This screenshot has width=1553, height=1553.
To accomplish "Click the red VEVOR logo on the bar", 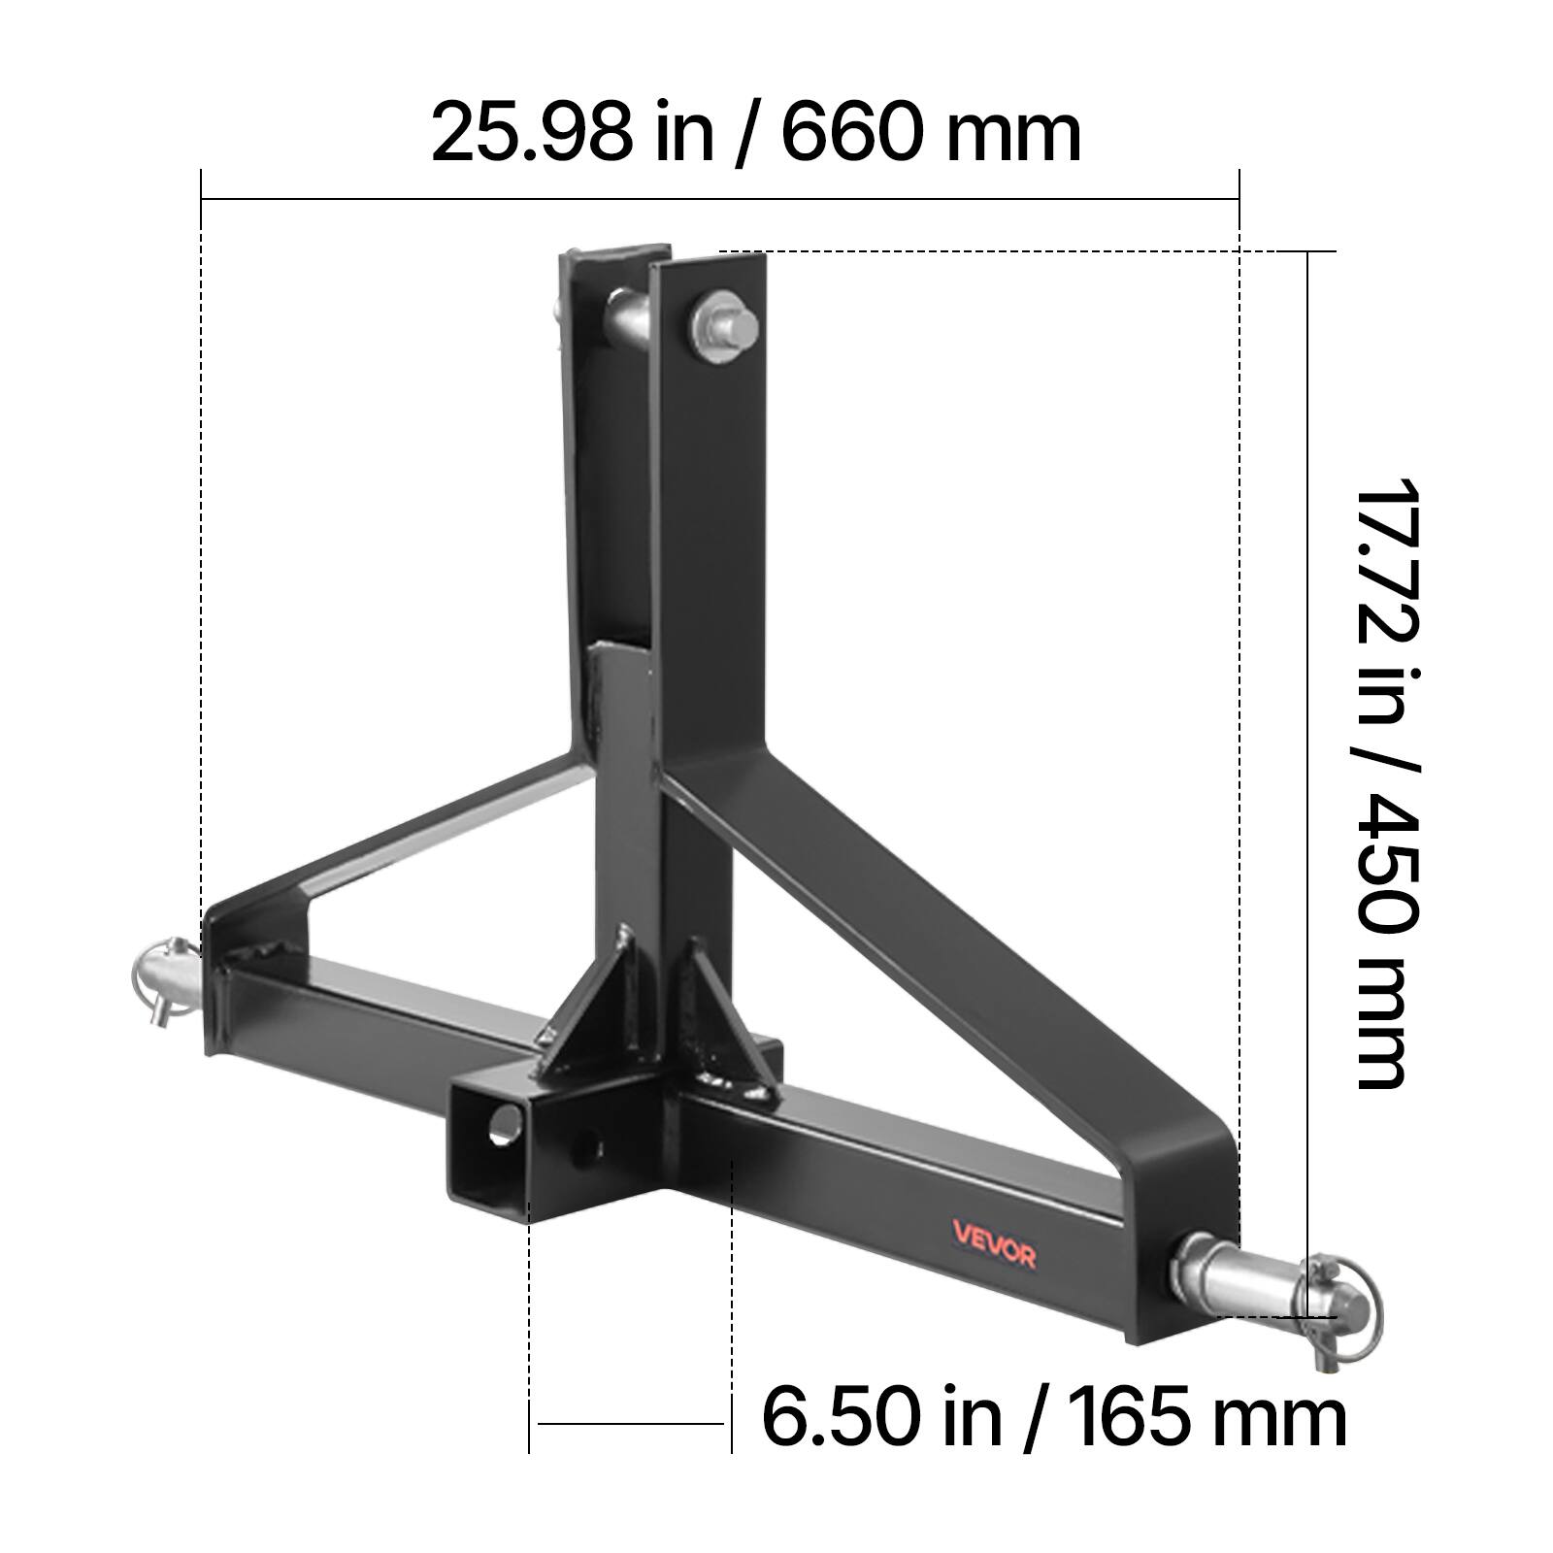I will (x=993, y=1256).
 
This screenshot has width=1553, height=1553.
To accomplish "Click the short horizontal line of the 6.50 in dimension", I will (x=631, y=1424).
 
